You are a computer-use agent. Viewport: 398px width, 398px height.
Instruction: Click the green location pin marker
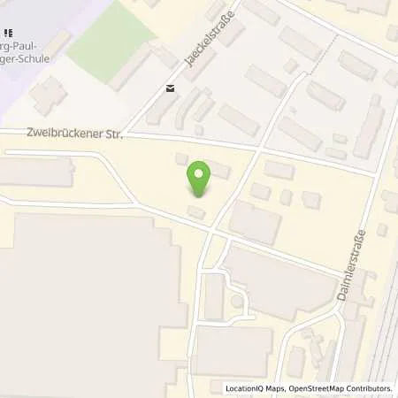click(x=201, y=180)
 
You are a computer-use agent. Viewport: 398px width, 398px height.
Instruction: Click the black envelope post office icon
click(x=170, y=88)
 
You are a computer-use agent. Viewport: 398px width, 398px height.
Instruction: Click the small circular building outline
click(x=237, y=302)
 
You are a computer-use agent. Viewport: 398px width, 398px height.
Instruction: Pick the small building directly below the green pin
click(x=196, y=213)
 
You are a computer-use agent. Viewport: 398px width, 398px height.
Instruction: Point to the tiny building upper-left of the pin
click(x=182, y=159)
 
